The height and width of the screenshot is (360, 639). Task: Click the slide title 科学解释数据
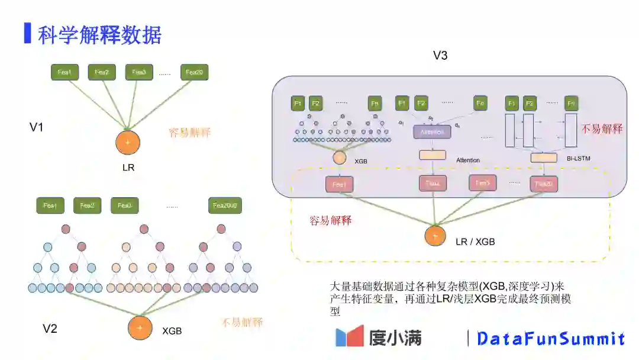click(99, 36)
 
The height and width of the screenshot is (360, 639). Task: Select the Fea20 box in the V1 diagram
click(195, 72)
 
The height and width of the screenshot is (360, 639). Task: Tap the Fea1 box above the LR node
click(64, 72)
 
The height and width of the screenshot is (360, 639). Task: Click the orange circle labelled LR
click(128, 142)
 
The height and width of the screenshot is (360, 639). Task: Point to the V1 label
click(37, 127)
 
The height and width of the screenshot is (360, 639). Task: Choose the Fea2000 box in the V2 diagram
click(225, 205)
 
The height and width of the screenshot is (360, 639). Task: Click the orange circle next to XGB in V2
click(140, 328)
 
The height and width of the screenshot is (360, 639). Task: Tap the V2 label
click(50, 329)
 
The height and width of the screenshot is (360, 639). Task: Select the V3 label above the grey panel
click(440, 56)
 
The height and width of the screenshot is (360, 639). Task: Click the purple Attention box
click(432, 132)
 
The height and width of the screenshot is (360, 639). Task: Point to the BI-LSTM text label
click(578, 158)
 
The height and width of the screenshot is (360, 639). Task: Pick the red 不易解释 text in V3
click(602, 129)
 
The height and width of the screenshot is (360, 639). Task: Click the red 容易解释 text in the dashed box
click(331, 221)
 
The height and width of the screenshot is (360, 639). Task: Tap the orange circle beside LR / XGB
click(435, 236)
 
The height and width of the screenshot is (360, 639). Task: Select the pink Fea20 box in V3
click(544, 184)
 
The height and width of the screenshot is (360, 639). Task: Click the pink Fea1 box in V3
click(339, 185)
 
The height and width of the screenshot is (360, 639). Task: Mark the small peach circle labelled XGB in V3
click(340, 158)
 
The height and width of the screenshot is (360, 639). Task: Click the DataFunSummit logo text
click(551, 339)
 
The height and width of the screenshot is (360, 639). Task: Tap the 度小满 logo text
click(395, 337)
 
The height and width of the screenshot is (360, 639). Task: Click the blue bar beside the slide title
click(27, 33)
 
